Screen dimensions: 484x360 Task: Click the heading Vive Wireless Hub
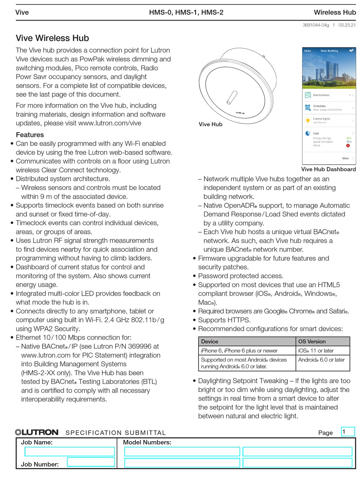coord(52,38)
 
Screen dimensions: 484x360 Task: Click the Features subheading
coord(30,135)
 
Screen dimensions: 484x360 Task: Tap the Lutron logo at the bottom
coord(37,432)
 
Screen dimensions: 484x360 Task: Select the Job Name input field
coord(70,451)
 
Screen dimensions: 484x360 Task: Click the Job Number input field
coord(91,462)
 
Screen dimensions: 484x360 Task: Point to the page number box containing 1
coord(348,432)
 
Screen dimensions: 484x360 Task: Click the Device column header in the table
coord(210,341)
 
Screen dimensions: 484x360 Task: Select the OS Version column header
coord(312,341)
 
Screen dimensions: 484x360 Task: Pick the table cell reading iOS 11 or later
coord(316,351)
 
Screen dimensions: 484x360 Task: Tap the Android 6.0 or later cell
coord(321,360)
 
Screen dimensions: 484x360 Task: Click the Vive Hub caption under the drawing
coord(210,124)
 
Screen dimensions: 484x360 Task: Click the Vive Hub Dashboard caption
coord(328,169)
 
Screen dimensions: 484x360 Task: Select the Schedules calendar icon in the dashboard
coord(308,108)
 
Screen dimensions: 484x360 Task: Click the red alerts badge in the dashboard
coord(348,146)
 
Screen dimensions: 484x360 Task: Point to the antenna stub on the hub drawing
coord(232,97)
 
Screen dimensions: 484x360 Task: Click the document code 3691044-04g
coord(315,25)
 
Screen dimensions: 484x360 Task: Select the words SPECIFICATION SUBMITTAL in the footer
coord(116,433)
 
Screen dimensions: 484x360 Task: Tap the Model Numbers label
coord(147,442)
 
